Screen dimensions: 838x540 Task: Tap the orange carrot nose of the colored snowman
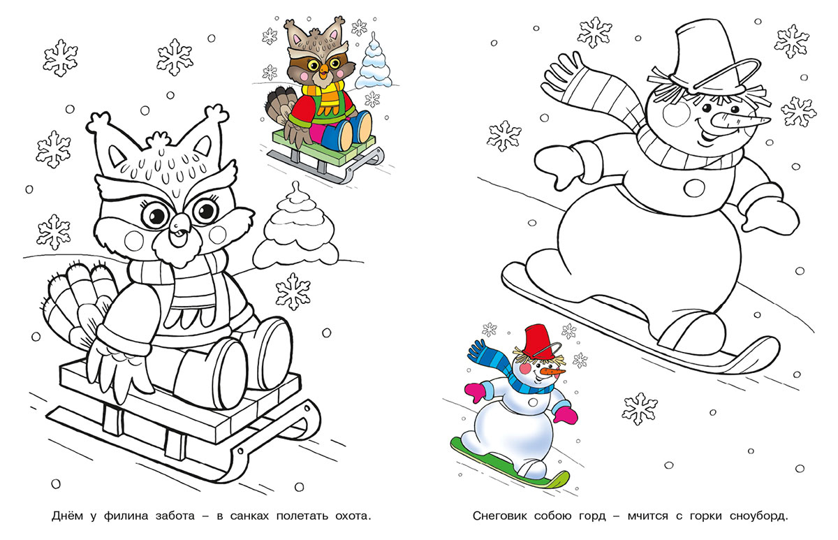(552, 372)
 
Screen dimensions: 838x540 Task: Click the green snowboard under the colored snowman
(510, 463)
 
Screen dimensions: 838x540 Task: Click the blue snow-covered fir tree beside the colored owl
(373, 64)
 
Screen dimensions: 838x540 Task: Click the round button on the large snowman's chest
(694, 187)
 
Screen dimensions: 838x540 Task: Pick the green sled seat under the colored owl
(323, 149)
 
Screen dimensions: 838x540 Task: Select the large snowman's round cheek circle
(677, 113)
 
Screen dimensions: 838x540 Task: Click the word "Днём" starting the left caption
(67, 516)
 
